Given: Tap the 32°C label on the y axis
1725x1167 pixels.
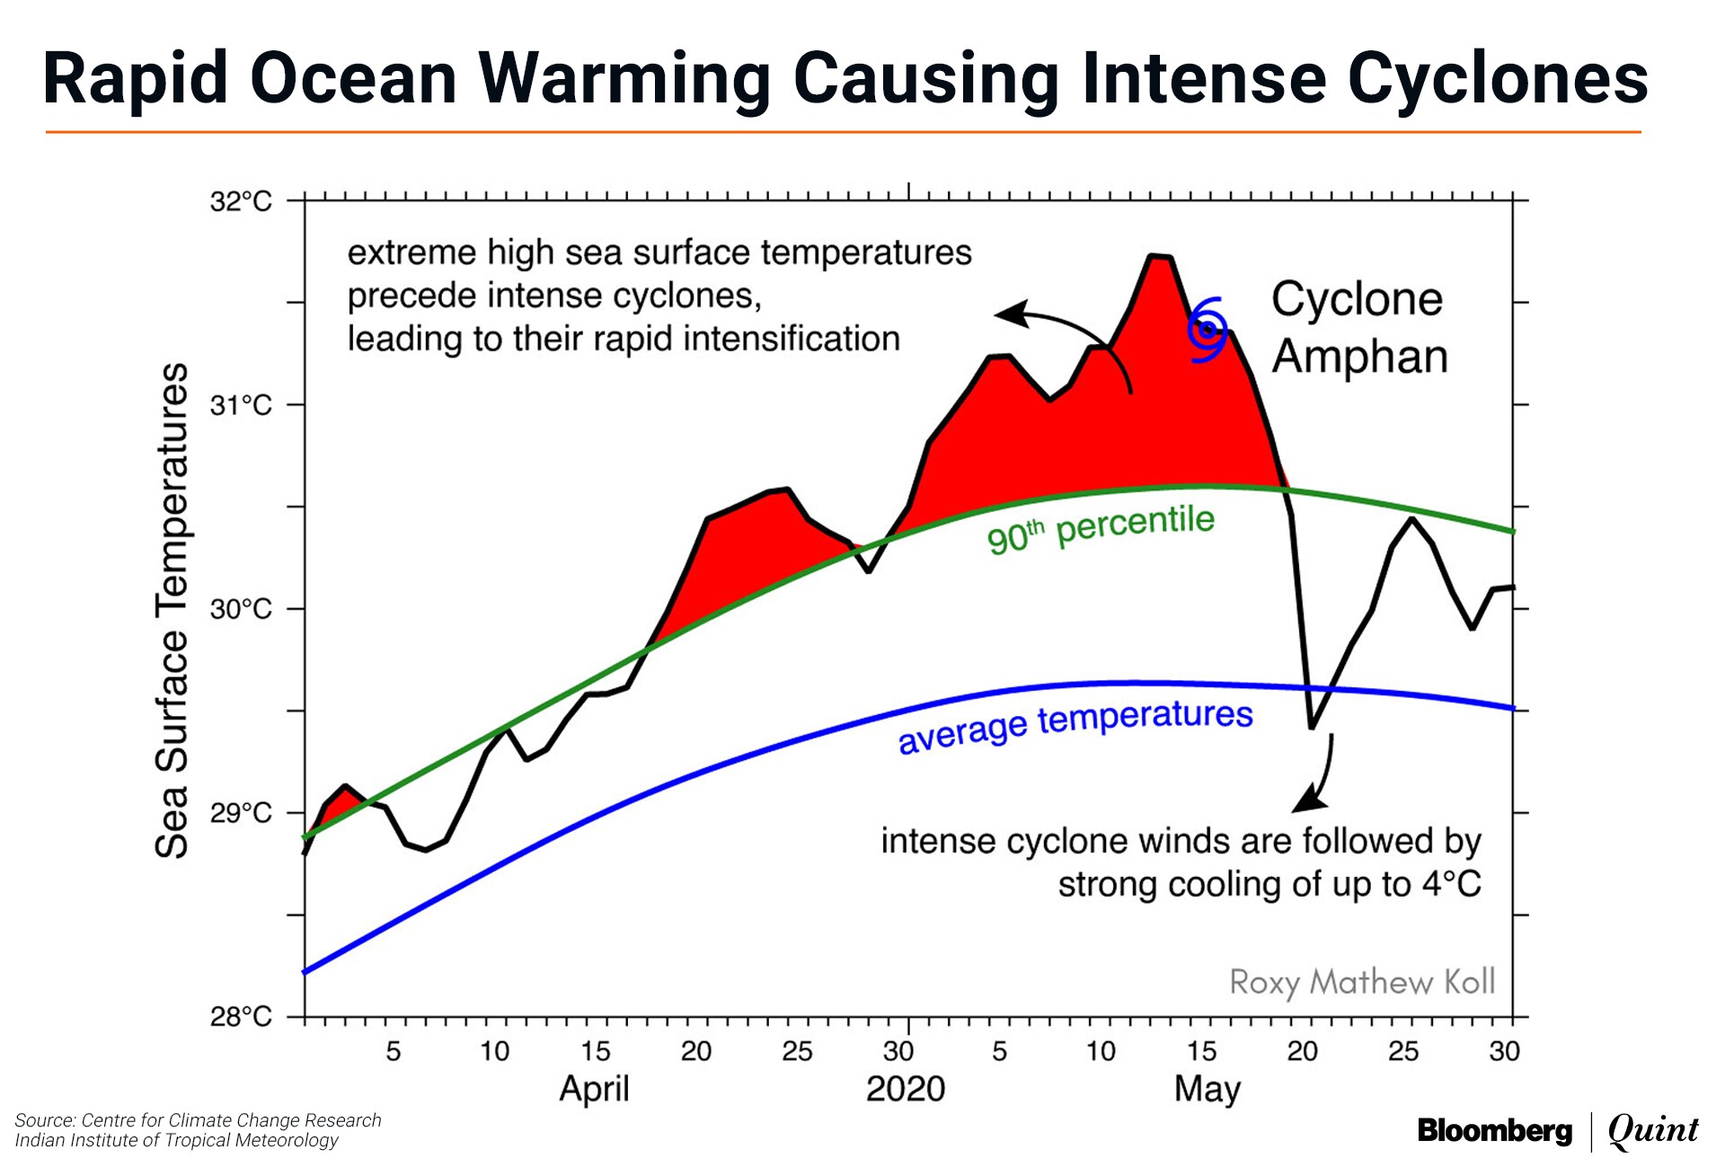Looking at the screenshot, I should tap(241, 201).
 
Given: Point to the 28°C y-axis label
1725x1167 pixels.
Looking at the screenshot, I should tap(241, 1017).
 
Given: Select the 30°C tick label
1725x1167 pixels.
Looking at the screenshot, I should tap(241, 609).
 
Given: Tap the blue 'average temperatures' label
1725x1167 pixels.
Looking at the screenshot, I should tap(1075, 725).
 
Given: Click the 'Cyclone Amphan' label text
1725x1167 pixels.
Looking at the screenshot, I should tap(1358, 327).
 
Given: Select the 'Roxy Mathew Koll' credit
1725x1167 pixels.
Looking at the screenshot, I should tap(1362, 982).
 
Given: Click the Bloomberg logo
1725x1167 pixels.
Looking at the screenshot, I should tap(1494, 1130).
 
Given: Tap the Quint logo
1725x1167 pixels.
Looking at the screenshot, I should tap(1653, 1130).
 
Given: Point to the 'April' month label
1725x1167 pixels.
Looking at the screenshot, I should tap(594, 1089).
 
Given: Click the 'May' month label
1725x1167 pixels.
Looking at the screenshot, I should tap(1207, 1089).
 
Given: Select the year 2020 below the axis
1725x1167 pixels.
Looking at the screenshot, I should tap(906, 1089).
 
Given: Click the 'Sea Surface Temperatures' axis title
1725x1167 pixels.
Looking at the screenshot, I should tap(172, 611).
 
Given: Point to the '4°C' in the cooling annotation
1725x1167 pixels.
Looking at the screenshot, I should tap(1451, 884).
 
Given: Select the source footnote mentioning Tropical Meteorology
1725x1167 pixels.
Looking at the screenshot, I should tap(177, 1140).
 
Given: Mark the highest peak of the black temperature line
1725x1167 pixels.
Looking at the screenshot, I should tap(1160, 257).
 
